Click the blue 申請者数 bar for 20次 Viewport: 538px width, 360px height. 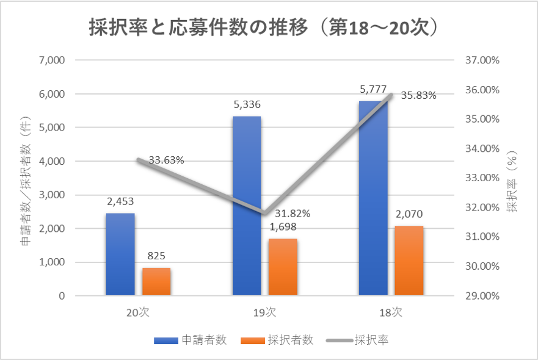pos(120,254)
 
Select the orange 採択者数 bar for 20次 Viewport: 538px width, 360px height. pos(156,281)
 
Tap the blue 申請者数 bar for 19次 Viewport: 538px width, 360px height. pos(247,206)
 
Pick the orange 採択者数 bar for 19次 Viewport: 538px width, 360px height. pos(283,267)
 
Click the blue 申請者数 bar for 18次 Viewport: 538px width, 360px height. pos(373,198)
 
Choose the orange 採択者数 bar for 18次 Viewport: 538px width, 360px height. pos(409,261)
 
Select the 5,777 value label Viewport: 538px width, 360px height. pos(373,90)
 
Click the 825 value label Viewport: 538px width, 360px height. pos(156,256)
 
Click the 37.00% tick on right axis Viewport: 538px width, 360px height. pos(482,60)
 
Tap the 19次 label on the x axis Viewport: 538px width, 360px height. pos(264,312)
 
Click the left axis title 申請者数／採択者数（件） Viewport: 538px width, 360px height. pos(26,181)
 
